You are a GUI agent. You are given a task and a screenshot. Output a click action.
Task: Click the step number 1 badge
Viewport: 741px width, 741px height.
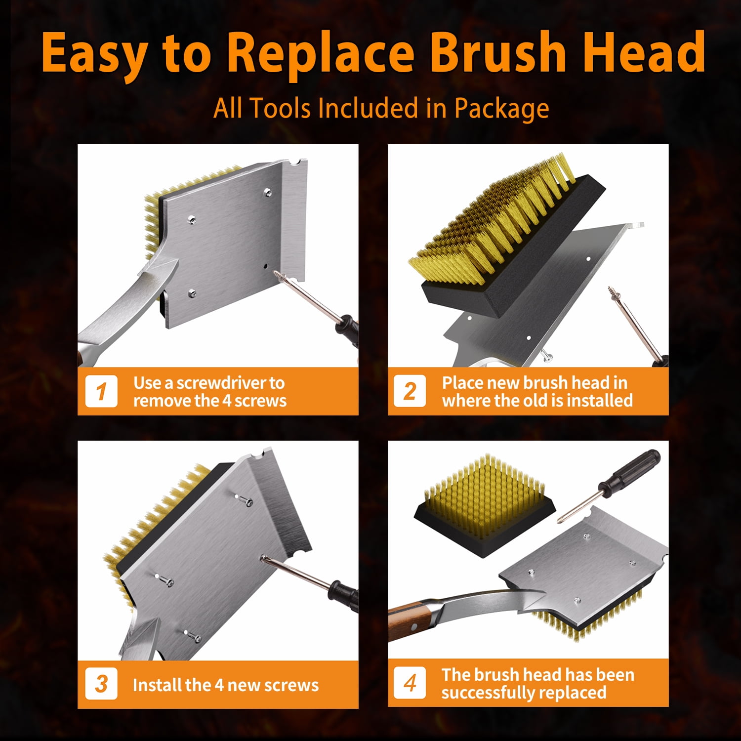pos(101,391)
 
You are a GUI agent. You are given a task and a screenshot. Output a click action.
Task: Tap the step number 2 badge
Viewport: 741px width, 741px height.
pos(410,391)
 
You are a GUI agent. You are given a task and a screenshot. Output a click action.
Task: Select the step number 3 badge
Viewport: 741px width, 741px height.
pos(101,684)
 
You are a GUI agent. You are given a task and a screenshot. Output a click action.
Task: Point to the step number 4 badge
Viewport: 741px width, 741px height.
pos(410,683)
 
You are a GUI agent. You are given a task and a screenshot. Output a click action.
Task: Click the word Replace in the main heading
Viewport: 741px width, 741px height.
pos(321,52)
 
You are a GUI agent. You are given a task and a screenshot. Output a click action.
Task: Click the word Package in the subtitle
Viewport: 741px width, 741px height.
pos(501,109)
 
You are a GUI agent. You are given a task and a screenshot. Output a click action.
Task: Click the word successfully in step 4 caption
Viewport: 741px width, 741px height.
pos(495,693)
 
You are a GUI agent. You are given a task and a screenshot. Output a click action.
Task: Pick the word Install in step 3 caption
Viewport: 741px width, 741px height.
pos(152,685)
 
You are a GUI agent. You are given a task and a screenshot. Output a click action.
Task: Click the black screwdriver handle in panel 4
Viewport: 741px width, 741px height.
pos(632,469)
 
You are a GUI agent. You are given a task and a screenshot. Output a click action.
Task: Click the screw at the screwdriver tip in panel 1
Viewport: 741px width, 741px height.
pos(281,275)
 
